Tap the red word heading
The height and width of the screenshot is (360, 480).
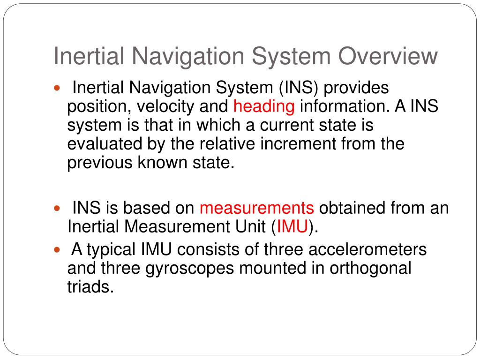pyautogui.click(x=264, y=107)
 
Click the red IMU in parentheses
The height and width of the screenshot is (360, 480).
pyautogui.click(x=292, y=227)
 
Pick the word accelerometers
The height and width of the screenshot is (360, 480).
pyautogui.click(x=367, y=249)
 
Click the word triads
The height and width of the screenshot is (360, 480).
pyautogui.click(x=90, y=287)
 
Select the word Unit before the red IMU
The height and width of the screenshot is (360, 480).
pyautogui.click(x=249, y=227)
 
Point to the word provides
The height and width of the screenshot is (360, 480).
pyautogui.click(x=360, y=88)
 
